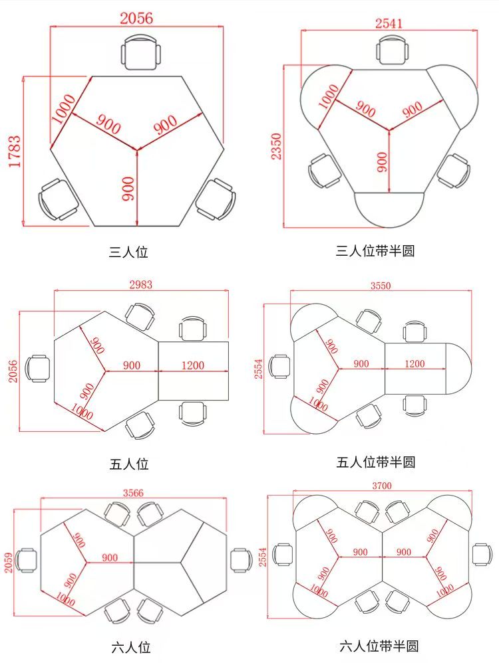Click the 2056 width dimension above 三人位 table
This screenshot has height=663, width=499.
click(x=136, y=18)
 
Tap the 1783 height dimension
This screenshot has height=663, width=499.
click(x=15, y=151)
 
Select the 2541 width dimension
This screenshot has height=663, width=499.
click(x=389, y=23)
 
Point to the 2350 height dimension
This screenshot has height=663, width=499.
click(x=276, y=146)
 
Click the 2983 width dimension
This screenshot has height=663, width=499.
click(x=140, y=284)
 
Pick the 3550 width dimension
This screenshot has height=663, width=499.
click(x=381, y=286)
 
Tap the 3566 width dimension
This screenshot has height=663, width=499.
click(x=133, y=492)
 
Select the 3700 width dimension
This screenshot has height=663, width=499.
click(x=382, y=486)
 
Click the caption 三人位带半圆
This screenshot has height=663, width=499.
click(x=375, y=250)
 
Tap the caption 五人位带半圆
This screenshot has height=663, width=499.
click(x=376, y=462)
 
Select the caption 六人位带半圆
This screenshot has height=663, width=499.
click(x=379, y=646)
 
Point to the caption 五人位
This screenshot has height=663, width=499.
click(x=129, y=464)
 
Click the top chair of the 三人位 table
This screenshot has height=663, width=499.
click(x=141, y=52)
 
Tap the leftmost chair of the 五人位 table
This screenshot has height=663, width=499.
click(x=37, y=368)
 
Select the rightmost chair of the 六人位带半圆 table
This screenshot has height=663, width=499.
click(x=482, y=554)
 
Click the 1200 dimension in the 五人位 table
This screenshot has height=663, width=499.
click(x=193, y=365)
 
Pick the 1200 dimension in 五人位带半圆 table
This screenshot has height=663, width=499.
click(x=415, y=363)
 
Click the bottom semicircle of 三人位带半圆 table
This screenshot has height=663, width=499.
click(x=389, y=210)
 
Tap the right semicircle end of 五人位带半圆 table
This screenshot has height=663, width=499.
click(x=459, y=369)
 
